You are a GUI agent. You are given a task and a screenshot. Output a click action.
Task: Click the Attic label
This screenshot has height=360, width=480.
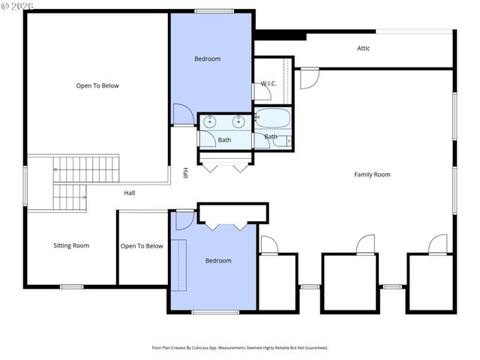[363, 49]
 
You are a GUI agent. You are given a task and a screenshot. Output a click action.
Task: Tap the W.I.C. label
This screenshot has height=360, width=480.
[268, 83]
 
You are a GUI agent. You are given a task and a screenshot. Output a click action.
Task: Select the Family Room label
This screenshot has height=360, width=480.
[372, 175]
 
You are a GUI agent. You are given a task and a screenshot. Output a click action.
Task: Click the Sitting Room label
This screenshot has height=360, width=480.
[71, 245]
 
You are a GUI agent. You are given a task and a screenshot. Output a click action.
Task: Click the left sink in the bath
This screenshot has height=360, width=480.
[209, 121]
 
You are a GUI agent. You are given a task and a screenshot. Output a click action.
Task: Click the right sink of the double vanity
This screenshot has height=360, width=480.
[239, 121]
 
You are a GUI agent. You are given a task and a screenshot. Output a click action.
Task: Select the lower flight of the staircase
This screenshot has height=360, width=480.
[70, 198]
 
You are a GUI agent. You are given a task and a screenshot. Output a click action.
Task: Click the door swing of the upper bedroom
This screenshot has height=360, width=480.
[181, 115]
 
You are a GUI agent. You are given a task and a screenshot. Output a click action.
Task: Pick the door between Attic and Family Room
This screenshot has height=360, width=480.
[310, 79]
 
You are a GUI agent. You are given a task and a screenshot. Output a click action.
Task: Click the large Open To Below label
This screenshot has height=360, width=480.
[97, 85]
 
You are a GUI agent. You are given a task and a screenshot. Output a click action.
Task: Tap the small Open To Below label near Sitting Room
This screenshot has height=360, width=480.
[142, 246]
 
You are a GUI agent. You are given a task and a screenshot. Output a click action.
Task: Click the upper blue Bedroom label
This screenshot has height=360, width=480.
[208, 58]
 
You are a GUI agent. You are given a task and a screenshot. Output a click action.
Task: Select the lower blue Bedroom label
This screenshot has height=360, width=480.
[218, 260]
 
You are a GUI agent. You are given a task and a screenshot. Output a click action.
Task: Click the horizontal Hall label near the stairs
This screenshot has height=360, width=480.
[130, 193]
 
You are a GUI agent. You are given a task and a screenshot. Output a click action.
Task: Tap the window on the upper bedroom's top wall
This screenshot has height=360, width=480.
[207, 10]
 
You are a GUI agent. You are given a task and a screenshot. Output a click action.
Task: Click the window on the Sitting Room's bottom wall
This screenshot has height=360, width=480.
[71, 286]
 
